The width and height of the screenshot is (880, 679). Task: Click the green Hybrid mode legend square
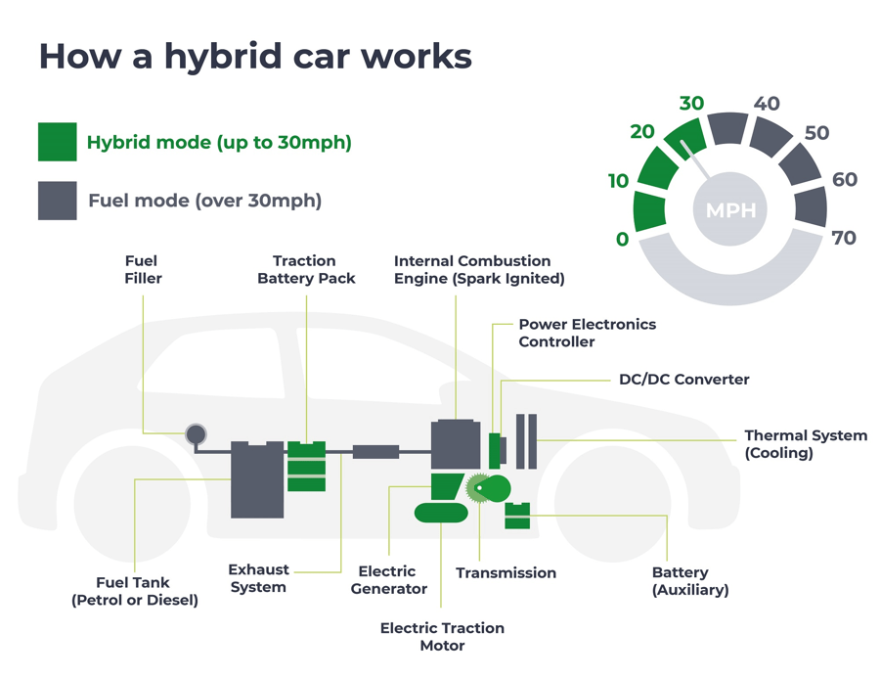pos(57,141)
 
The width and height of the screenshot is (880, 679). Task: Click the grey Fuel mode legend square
pos(57,200)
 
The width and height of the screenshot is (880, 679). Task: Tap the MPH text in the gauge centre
pos(730,210)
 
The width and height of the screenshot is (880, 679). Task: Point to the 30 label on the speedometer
pos(691,104)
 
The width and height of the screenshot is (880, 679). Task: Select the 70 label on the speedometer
pos(843,238)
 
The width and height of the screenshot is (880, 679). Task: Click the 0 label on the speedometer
pos(623,240)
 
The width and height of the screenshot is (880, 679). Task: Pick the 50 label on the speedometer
pos(816,133)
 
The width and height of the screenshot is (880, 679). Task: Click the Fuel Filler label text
pos(142,269)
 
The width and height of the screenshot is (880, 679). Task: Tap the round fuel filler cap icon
pos(196,433)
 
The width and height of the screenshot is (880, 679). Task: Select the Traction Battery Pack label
pos(306,269)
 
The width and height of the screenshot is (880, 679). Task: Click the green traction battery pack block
pos(306,467)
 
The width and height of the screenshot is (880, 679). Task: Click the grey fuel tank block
pos(257,479)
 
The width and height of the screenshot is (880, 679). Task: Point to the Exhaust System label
pos(258,577)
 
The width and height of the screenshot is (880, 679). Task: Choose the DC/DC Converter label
pos(683,379)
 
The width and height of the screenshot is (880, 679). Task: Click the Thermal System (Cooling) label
pos(805,444)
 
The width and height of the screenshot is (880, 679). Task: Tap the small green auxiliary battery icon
pos(517,515)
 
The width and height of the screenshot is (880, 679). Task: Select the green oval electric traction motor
pos(441,512)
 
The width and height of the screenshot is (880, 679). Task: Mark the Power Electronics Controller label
pos(587,333)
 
